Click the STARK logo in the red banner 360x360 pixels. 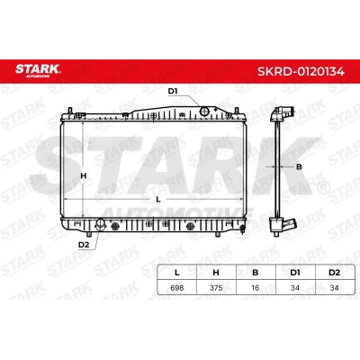[38, 70]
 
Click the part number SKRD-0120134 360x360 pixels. [301, 71]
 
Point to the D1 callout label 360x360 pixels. [173, 92]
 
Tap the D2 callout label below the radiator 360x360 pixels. [84, 245]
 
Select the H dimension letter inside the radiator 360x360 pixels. [84, 175]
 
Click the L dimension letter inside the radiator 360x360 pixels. [158, 200]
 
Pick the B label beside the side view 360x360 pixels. [299, 166]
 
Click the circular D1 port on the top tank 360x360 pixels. [204, 112]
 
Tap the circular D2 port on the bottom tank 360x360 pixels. [100, 223]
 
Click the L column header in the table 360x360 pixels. [177, 273]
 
